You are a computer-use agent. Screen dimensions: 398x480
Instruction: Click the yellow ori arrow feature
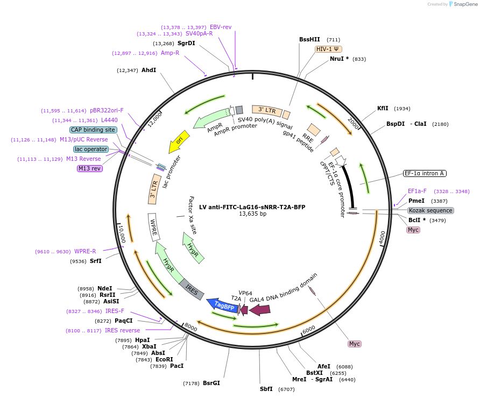[179, 141]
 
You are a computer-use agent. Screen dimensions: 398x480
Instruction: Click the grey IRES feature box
[192, 289]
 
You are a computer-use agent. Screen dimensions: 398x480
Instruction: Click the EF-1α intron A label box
[425, 173]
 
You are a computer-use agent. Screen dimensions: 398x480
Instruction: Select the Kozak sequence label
[430, 210]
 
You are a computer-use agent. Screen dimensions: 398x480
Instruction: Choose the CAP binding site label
[93, 130]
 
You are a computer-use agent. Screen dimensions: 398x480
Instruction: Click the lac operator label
[91, 149]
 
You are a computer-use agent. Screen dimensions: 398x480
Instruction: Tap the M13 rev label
[90, 168]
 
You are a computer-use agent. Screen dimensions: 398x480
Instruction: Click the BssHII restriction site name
[309, 39]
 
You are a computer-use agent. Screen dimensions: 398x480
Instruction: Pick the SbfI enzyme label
[266, 389]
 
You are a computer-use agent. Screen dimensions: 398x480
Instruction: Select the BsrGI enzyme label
[211, 383]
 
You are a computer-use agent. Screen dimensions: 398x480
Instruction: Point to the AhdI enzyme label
[149, 70]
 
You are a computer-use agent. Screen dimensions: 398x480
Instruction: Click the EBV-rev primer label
[221, 27]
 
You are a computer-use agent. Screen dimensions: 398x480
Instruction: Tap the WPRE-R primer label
[85, 251]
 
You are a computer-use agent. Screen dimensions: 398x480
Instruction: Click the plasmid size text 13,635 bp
[252, 214]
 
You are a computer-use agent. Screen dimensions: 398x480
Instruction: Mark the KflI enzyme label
[383, 108]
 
